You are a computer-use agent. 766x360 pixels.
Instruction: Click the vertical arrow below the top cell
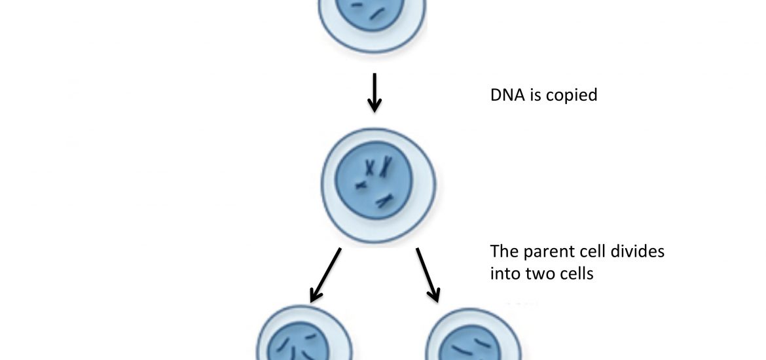coord(374,93)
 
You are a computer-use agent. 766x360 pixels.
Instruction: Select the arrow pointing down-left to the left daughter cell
coord(325,275)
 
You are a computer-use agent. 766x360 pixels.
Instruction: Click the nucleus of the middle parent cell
coord(374,181)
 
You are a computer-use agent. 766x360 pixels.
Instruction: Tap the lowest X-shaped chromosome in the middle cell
coord(385,200)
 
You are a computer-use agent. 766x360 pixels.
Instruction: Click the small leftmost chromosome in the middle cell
coord(361,185)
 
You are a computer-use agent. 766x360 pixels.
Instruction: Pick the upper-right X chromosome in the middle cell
coord(386,166)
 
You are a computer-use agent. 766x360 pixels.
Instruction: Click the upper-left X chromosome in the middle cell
coord(371,168)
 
